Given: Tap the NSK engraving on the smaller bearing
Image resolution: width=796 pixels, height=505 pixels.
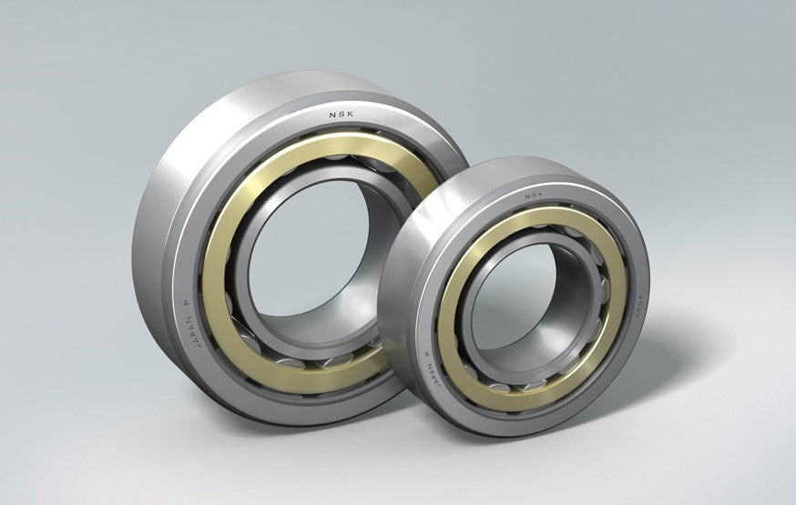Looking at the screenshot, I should [x=534, y=195].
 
